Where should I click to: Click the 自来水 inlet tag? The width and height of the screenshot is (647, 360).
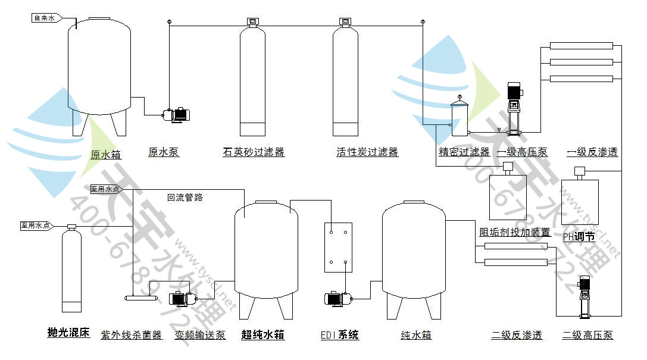(x=44, y=18)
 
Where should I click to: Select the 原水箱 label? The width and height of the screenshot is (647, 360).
(x=106, y=155)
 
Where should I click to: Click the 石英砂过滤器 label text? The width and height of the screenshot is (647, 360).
(x=254, y=152)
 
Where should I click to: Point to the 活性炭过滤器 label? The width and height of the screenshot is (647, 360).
(x=367, y=152)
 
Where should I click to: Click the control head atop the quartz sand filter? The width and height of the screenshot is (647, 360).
(x=252, y=22)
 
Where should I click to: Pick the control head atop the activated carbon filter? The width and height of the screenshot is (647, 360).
(x=345, y=22)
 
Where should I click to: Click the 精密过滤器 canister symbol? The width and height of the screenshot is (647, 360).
(x=459, y=118)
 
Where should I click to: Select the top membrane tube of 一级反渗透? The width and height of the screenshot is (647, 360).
(x=581, y=45)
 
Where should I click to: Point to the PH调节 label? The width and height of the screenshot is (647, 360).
(x=579, y=236)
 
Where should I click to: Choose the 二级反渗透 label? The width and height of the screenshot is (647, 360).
(x=517, y=336)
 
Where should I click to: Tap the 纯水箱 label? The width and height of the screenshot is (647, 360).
(x=416, y=336)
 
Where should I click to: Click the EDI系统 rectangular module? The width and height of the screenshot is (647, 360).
(x=338, y=248)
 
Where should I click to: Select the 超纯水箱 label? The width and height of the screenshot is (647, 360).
(x=263, y=336)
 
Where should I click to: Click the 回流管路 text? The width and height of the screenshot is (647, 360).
(x=185, y=198)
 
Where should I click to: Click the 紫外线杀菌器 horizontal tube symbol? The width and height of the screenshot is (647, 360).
(x=143, y=298)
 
